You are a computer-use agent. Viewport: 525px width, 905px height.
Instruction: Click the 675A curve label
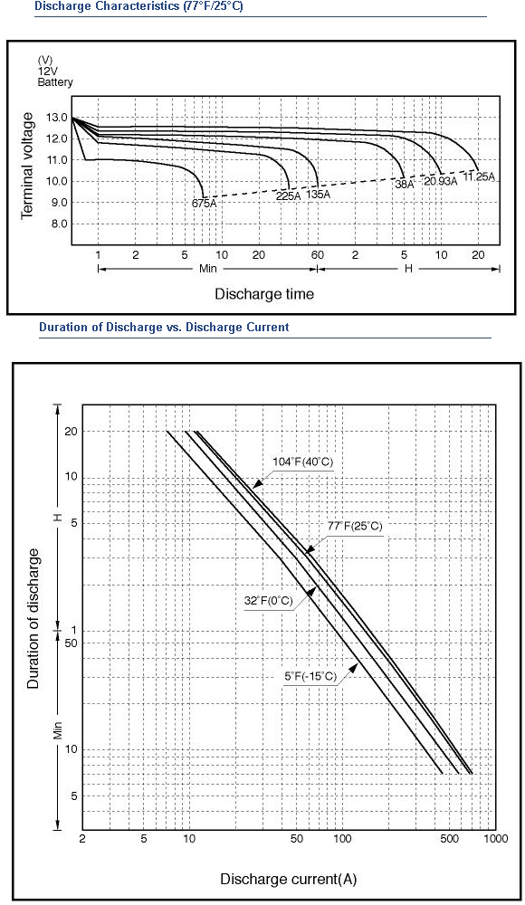point(205,203)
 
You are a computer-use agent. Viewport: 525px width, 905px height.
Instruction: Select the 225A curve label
point(289,195)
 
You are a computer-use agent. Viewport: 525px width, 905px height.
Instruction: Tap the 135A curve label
point(319,194)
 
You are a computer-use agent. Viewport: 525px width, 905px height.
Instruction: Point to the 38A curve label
point(405,185)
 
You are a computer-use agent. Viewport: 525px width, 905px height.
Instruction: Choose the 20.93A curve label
point(441,181)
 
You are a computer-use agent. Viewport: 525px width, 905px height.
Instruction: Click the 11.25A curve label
point(480,176)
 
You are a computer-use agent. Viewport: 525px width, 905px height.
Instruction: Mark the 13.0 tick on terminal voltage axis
point(60,118)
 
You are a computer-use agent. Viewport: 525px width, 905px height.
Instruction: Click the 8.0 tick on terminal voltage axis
point(60,224)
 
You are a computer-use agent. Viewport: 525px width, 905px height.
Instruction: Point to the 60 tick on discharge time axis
point(318,255)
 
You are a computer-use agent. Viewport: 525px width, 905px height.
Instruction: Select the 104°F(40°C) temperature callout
point(303,462)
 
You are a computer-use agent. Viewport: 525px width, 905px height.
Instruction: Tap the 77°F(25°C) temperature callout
point(355,526)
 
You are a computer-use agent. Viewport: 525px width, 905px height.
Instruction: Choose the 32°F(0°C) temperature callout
point(269,601)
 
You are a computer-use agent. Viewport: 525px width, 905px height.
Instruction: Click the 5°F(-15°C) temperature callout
point(310,676)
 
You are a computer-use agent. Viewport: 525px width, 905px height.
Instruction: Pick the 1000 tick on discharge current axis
point(495,839)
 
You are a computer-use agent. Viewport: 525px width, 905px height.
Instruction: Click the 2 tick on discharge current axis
point(82,839)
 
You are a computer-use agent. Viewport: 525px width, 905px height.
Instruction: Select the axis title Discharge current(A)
point(288,879)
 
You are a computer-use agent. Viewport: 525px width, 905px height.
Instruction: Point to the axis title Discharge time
point(264,294)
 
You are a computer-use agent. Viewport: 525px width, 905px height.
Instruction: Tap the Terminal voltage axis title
point(27,166)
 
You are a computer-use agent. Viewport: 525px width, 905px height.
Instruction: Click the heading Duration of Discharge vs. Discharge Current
point(164,328)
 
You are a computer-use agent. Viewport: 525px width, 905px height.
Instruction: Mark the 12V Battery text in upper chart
point(55,77)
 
